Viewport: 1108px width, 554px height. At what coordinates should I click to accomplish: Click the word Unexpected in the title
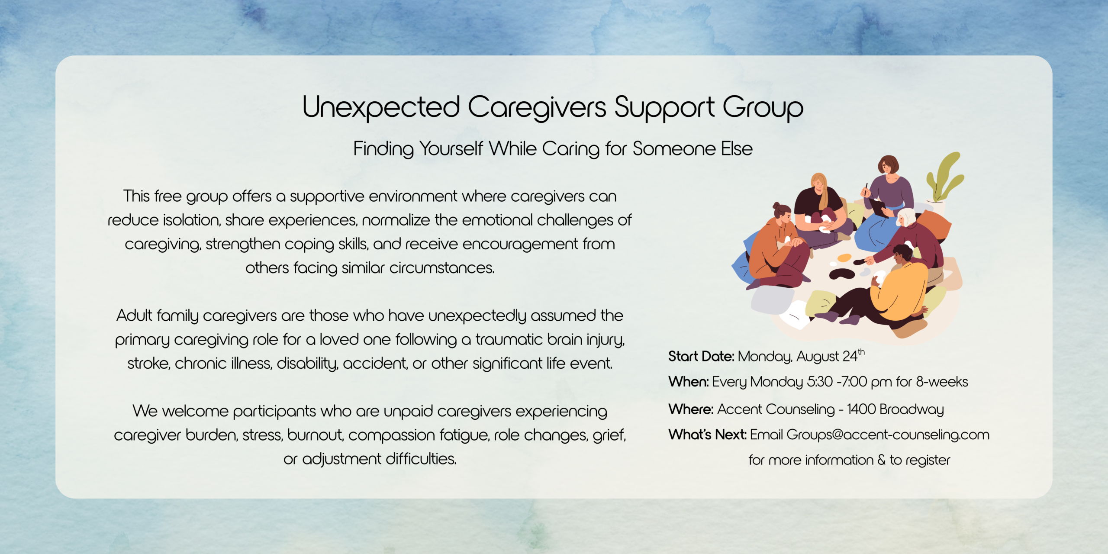click(x=381, y=107)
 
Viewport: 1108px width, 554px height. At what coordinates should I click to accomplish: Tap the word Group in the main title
click(x=763, y=108)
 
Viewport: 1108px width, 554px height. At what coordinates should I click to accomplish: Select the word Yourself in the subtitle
click(x=451, y=148)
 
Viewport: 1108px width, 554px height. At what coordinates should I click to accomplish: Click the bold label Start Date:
click(x=701, y=356)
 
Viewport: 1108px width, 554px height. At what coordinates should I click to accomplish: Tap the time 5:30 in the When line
click(x=820, y=382)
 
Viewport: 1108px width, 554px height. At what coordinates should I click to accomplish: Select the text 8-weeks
click(x=942, y=382)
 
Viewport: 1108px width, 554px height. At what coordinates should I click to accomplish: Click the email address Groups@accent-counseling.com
click(x=888, y=435)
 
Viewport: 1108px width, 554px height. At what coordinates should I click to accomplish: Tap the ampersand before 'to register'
click(x=882, y=460)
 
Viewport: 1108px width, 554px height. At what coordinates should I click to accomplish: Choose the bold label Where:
click(x=691, y=409)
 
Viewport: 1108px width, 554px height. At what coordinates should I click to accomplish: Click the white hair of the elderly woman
click(x=908, y=216)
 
